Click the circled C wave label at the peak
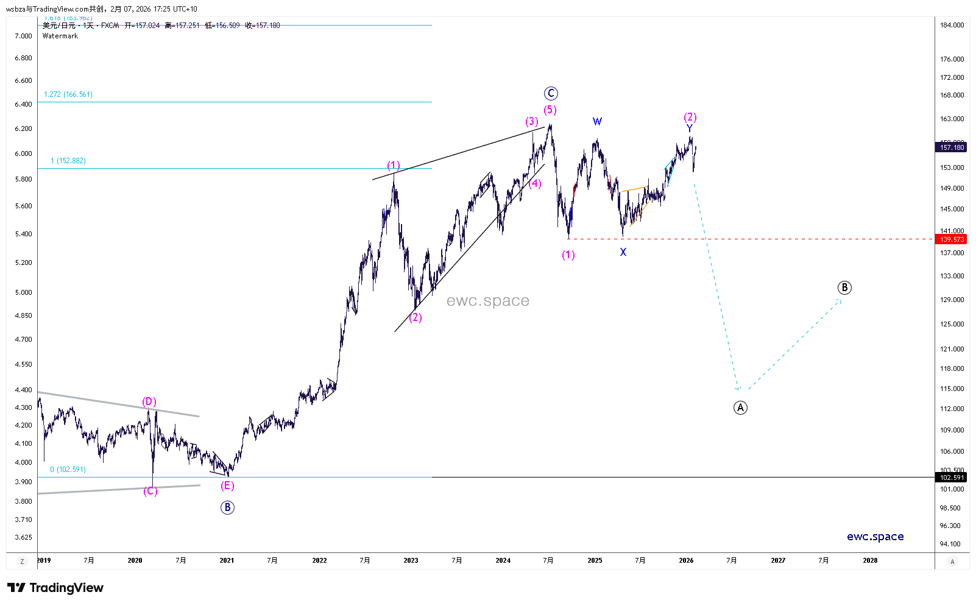tap(551, 93)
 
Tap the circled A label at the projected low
tap(740, 407)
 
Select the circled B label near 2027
tap(844, 287)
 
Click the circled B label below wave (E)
tap(227, 507)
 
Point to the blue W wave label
tap(597, 121)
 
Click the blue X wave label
tap(623, 252)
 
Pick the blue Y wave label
tap(690, 129)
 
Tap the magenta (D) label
tap(149, 401)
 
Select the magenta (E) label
tap(227, 485)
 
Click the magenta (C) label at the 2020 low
tap(150, 491)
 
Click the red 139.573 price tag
tap(952, 239)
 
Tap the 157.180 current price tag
tap(952, 147)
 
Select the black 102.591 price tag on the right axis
tap(952, 477)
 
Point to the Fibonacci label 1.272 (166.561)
tap(68, 94)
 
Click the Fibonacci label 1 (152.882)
tap(68, 161)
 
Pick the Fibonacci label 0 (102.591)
tap(68, 470)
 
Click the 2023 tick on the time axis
tap(411, 560)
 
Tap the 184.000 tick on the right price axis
tap(952, 25)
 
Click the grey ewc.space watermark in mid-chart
tap(488, 301)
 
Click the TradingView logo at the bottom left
tap(55, 588)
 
